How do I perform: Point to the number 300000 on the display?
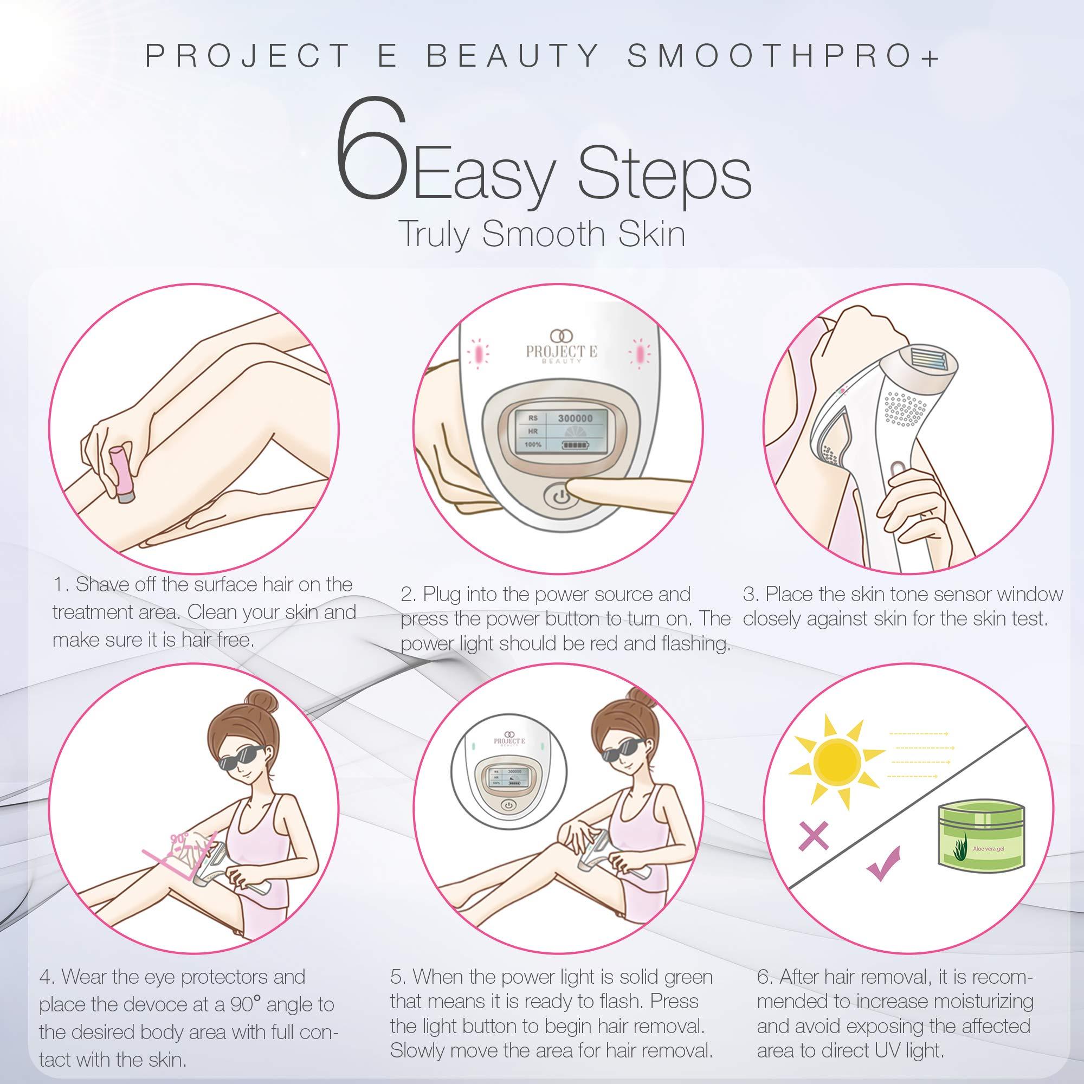pos(575,418)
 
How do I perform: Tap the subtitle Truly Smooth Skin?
pos(542,235)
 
